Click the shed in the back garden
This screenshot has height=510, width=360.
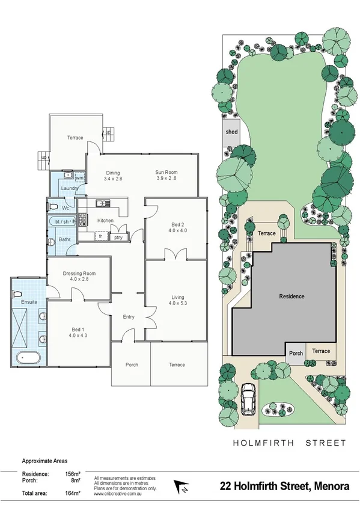point(231,135)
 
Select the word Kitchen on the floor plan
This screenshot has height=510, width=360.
point(106,221)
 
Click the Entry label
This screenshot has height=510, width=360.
point(128,317)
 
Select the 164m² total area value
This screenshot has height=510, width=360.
point(73,494)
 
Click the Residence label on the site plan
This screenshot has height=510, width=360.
point(291,296)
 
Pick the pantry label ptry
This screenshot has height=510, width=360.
point(118,237)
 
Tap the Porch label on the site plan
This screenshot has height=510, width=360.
point(296,353)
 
